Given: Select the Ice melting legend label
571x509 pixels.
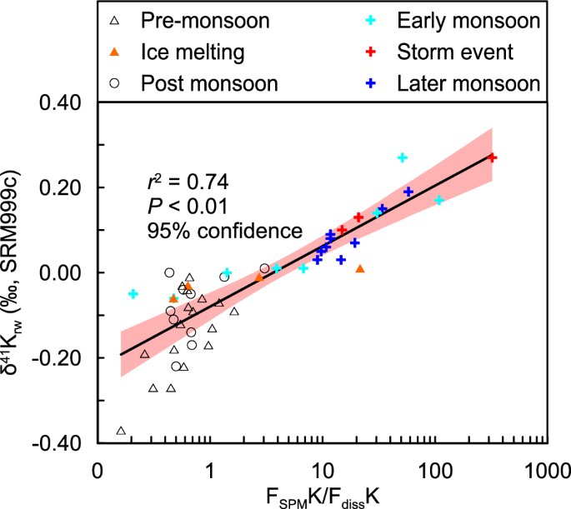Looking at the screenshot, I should (193, 52).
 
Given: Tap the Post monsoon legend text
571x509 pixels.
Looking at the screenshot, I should (209, 83).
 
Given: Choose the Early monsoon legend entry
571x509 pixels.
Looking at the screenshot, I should (468, 19).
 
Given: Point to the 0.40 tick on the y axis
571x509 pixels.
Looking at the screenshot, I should (65, 103).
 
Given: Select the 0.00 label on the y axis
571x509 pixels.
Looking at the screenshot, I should (65, 272).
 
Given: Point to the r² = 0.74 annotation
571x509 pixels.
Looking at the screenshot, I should (183, 180).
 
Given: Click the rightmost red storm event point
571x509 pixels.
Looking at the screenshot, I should (492, 157).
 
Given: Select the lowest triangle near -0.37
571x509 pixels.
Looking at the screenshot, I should (121, 431).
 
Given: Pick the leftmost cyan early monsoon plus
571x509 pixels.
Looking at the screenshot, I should (133, 294).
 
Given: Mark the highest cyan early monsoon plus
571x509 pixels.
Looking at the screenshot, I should (403, 157).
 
